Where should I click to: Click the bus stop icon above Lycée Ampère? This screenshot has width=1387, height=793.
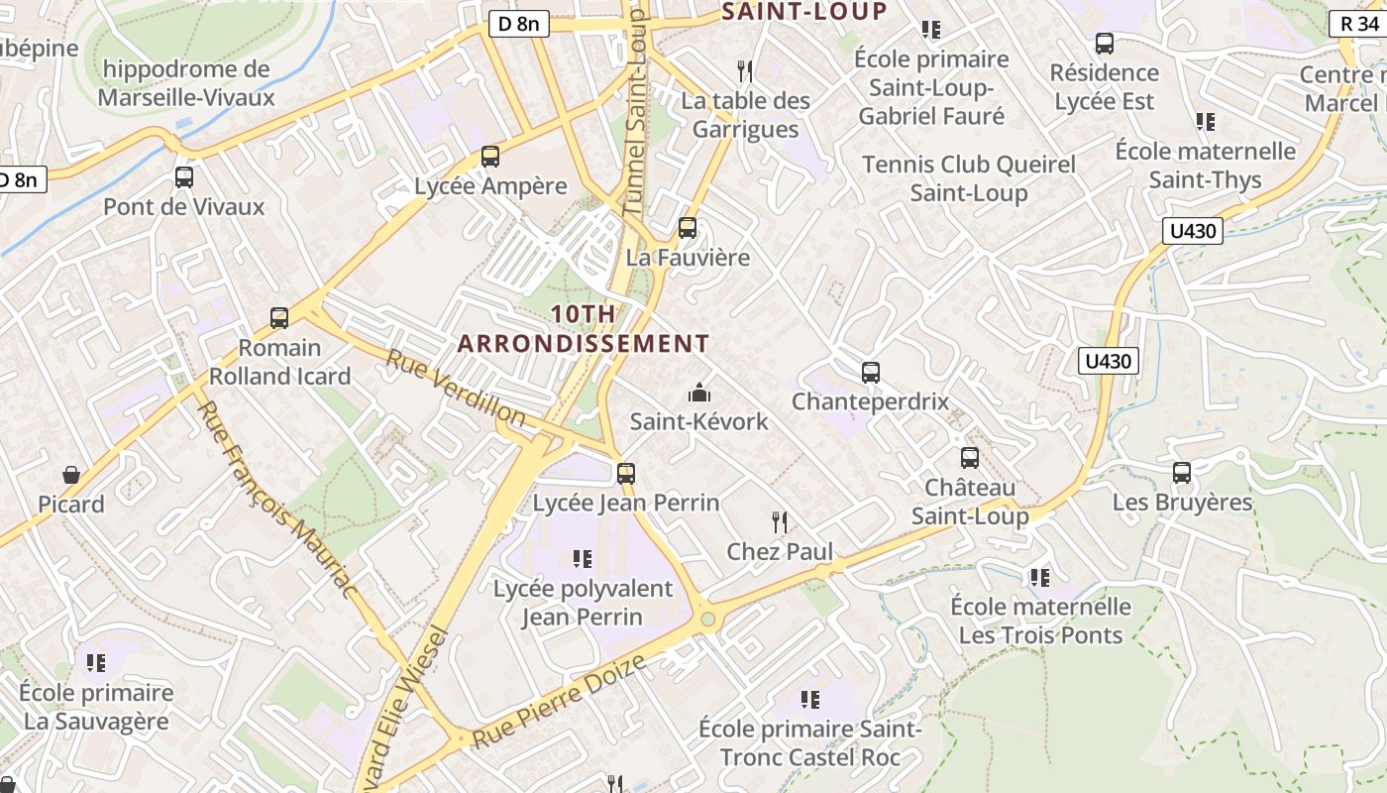489,157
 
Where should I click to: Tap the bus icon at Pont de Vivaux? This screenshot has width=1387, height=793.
184,177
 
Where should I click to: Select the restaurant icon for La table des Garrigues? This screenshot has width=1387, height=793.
745,71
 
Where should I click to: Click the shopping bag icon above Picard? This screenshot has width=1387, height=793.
71,475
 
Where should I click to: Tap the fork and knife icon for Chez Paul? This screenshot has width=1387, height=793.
781,521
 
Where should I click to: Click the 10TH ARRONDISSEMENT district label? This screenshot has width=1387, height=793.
584,329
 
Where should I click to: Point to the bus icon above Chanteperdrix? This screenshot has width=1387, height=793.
871,373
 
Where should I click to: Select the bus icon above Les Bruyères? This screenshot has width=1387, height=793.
1182,473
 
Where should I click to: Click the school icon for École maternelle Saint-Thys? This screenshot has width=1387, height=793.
1206,122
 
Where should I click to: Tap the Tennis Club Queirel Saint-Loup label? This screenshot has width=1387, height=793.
968,178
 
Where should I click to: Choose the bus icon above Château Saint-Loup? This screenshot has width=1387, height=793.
970,458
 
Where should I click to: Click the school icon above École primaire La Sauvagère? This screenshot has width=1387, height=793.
96,662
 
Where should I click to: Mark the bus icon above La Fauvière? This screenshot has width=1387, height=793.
688,228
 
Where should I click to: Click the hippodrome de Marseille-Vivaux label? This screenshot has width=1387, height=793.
186,83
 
